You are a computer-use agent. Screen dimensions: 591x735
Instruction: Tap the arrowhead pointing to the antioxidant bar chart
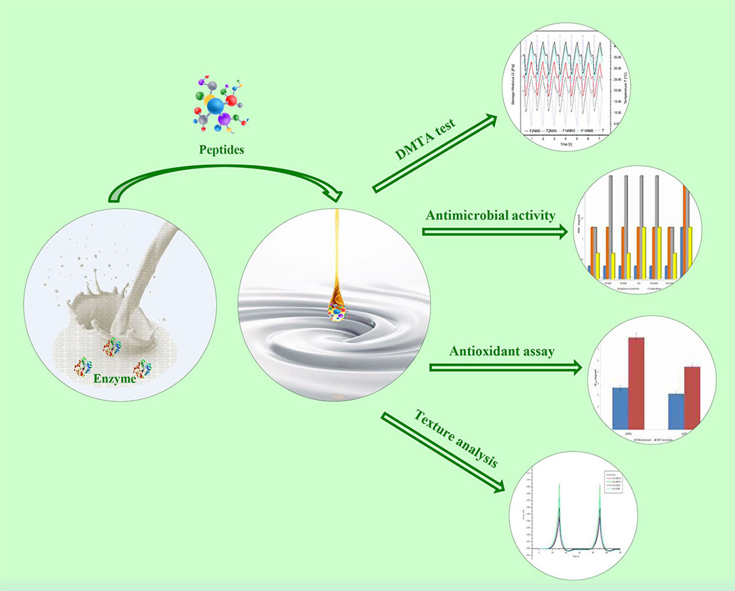click(573, 367)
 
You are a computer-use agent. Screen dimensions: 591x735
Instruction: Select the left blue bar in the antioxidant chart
click(620, 408)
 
